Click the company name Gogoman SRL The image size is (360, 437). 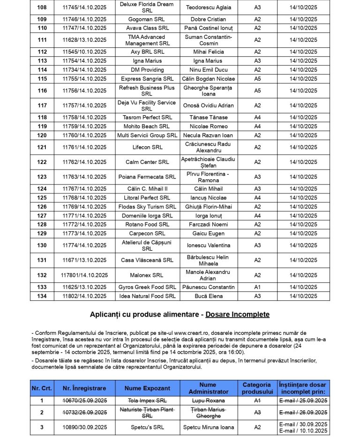pos(147,19)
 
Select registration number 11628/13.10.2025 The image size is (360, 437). pos(84,40)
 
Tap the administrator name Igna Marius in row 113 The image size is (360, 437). pos(208,61)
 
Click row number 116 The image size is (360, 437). pos(42,91)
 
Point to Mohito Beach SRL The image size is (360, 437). pos(147,126)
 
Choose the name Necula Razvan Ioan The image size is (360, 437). pos(208,135)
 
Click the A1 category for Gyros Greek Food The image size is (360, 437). pos(257,287)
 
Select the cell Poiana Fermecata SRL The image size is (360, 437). pos(147,177)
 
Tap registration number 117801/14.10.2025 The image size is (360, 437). pos(84,275)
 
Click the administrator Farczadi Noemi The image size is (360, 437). pos(208,225)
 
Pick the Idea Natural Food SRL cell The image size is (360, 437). pos(147,296)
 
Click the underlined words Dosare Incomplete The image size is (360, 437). pos(237,314)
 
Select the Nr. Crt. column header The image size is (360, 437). pos(42,388)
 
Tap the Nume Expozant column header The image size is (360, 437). pos(147,388)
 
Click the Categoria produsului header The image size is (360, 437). pos(257,388)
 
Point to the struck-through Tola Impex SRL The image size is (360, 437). pos(147,400)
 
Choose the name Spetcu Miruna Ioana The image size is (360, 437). pos(208,427)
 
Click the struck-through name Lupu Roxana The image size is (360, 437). pos(208,400)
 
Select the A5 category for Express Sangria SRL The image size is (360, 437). pos(257,79)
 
